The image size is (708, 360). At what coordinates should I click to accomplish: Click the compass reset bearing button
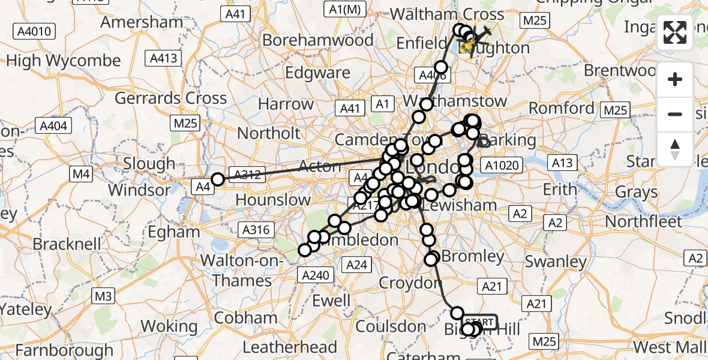pos(676,148)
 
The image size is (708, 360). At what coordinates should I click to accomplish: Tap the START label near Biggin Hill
pos(480,322)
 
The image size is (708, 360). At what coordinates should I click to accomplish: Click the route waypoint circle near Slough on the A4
pos(218,179)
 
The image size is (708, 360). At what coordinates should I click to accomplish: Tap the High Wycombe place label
pos(63,61)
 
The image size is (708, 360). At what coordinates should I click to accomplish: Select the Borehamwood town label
pos(318,40)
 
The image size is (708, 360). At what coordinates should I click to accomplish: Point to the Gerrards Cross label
pos(170,98)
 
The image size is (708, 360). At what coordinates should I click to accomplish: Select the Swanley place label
pos(555,262)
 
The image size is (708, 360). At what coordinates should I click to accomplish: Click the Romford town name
pos(561,109)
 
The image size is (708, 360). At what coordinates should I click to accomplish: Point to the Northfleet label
pos(644,221)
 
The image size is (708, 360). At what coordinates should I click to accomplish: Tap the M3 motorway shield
pos(103,296)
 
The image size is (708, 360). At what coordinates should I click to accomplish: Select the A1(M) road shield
pos(344,9)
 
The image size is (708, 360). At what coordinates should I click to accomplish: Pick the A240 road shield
pos(314,274)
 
